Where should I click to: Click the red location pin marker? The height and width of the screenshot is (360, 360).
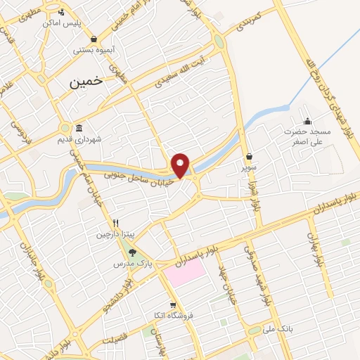(181, 165)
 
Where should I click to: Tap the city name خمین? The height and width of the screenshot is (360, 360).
(86, 82)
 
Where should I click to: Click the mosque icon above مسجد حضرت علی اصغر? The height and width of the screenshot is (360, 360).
(307, 120)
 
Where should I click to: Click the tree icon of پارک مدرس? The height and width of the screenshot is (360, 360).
(133, 252)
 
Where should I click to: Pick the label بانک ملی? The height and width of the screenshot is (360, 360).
(279, 328)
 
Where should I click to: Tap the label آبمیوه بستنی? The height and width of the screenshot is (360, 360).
(94, 51)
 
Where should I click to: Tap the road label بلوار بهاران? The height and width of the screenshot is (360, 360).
(314, 250)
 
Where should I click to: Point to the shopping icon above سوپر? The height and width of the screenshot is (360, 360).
(250, 157)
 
